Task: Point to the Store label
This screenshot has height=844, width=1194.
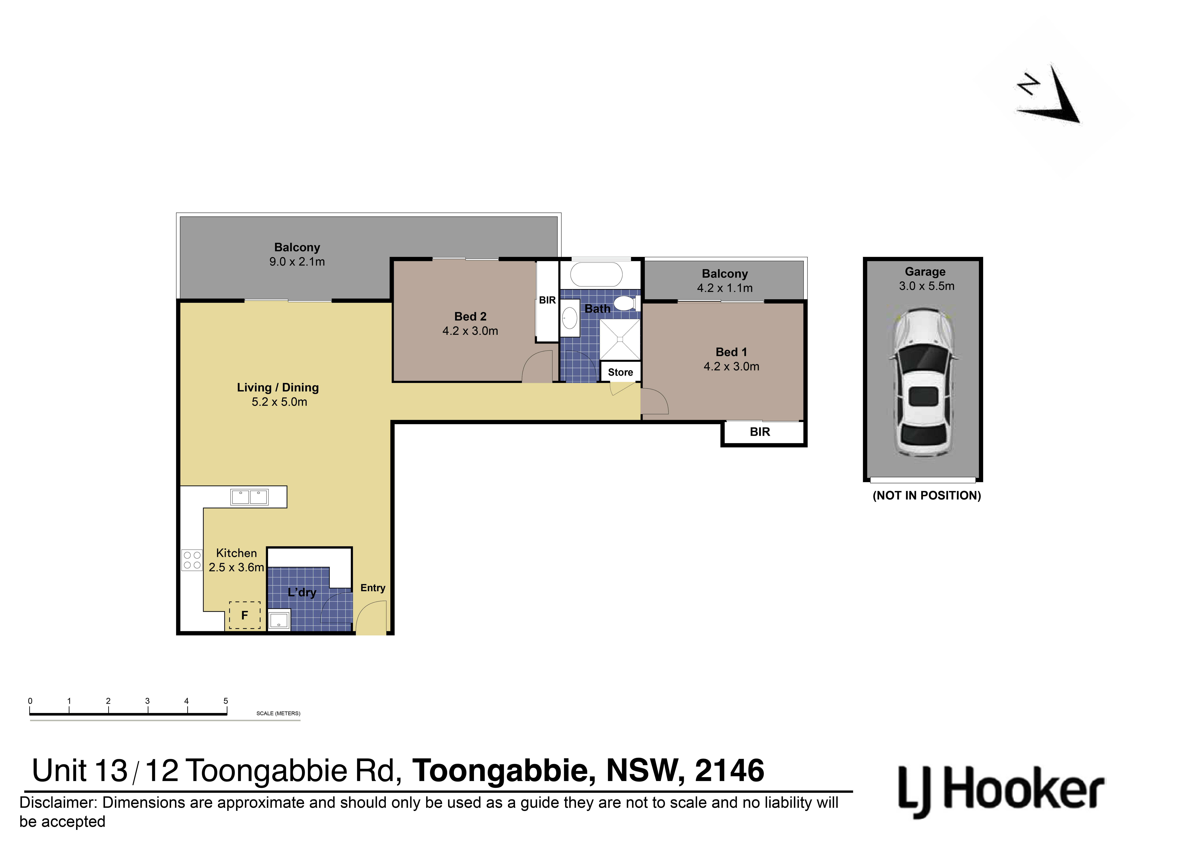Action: pos(620,372)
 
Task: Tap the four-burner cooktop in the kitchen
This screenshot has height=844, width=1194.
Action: pos(192,560)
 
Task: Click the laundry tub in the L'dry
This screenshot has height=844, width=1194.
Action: pos(279,619)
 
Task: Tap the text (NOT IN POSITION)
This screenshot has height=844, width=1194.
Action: pos(927,496)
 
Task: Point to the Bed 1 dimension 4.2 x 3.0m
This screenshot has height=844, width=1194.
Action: pos(731,367)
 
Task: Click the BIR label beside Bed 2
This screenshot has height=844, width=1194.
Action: pos(547,300)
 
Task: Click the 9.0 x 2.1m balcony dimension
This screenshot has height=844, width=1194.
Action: pos(297,262)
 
